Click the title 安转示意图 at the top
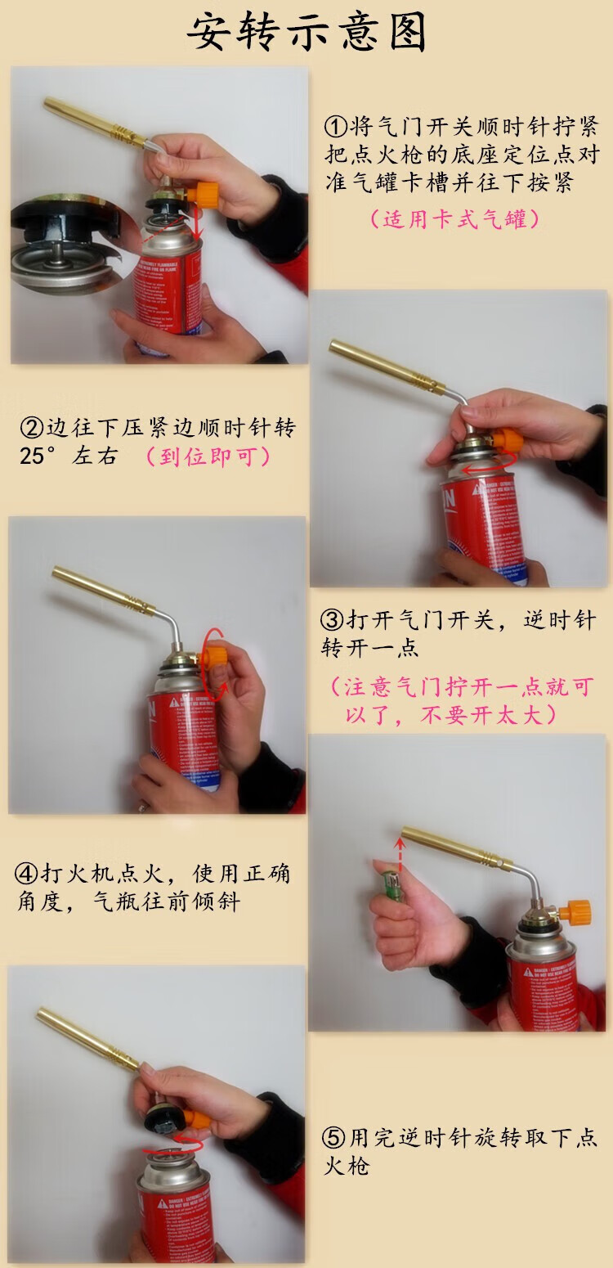(306, 34)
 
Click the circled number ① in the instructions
(336, 127)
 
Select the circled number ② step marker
(30, 428)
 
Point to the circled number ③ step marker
(333, 619)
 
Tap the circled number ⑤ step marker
(334, 1137)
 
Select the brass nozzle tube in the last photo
(86, 1038)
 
